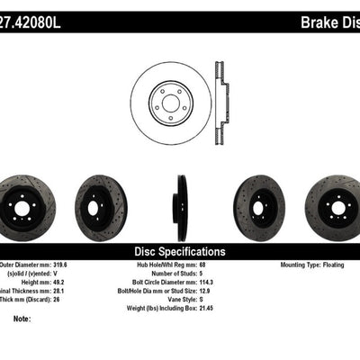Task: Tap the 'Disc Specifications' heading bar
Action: (x=180, y=252)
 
